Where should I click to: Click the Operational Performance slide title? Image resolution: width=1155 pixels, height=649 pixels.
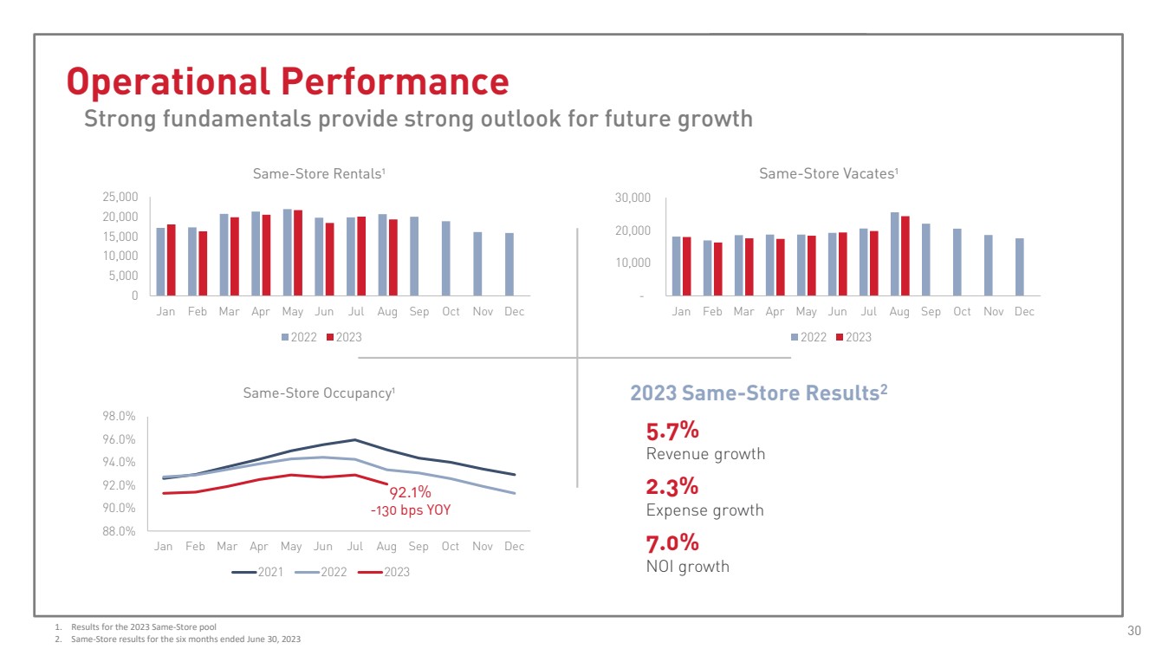tap(288, 81)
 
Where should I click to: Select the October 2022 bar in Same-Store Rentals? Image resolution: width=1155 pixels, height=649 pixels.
tap(446, 258)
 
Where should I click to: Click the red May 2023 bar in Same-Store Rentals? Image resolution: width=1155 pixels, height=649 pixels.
tap(298, 252)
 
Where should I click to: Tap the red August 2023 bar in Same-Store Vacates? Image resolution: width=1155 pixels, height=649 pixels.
tap(905, 256)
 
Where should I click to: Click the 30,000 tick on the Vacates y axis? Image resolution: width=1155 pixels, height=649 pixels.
tap(633, 198)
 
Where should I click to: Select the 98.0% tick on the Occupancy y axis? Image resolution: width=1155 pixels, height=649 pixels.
tap(119, 416)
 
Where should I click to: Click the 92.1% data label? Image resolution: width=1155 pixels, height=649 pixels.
tap(410, 493)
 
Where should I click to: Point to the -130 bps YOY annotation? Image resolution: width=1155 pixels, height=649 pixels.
tap(411, 510)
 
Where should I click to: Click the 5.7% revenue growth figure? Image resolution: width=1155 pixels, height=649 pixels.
tap(672, 432)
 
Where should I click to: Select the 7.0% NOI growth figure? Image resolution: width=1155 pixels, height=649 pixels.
tap(672, 543)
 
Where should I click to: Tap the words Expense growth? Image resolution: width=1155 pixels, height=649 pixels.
tap(704, 510)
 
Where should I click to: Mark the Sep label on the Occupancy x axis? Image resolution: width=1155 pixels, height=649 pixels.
tap(419, 547)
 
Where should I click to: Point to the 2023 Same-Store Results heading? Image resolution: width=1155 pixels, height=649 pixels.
tap(758, 393)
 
